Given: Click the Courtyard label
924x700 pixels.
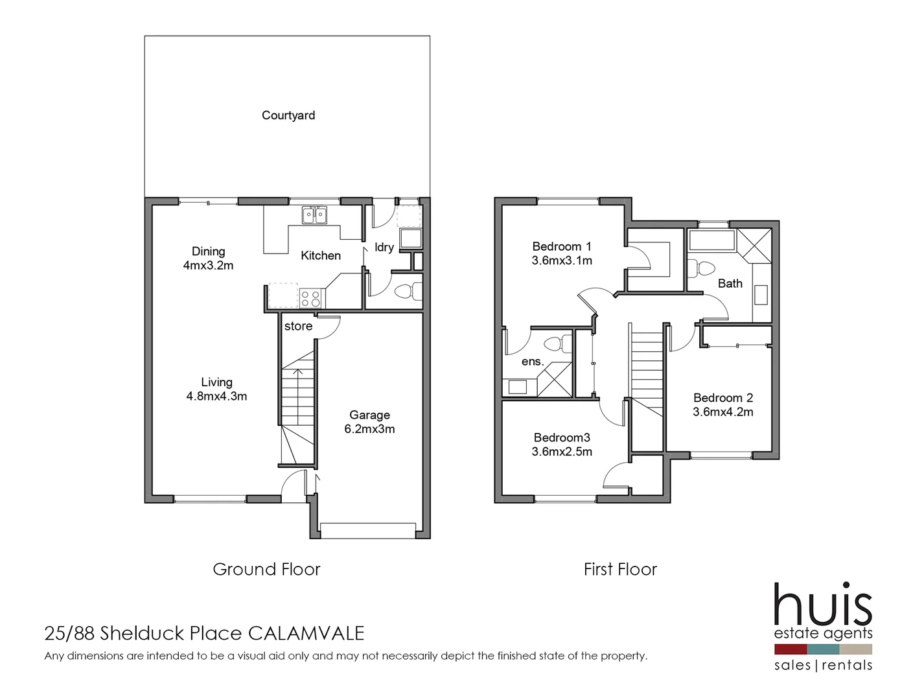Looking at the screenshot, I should coord(288,115).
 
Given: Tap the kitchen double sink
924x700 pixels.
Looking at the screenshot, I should coord(314,215).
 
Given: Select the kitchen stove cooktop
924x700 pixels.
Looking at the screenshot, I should coord(311,299).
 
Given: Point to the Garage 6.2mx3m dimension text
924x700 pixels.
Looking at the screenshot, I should coord(369,429).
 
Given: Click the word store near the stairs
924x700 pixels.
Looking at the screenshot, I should coord(298,326).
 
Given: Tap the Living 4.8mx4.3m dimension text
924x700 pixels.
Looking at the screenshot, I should coord(216,396).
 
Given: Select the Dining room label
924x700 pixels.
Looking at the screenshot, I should coord(208,251).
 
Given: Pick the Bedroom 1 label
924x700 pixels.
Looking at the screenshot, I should coord(561,246).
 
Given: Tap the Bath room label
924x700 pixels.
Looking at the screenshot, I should coord(730,283).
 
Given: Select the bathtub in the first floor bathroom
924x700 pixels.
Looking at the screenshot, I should coord(712,240).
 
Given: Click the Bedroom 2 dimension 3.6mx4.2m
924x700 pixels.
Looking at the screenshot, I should coord(722,412).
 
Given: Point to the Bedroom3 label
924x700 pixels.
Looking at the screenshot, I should coord(561,438).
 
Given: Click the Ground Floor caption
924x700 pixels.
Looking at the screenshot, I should coord(266,569).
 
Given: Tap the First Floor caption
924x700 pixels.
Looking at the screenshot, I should coord(620,569).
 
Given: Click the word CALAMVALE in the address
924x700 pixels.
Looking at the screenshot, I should coord(306,633).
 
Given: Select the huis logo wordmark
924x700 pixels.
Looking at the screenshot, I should coord(823,604).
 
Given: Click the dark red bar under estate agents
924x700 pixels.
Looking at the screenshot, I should coord(790,649).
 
